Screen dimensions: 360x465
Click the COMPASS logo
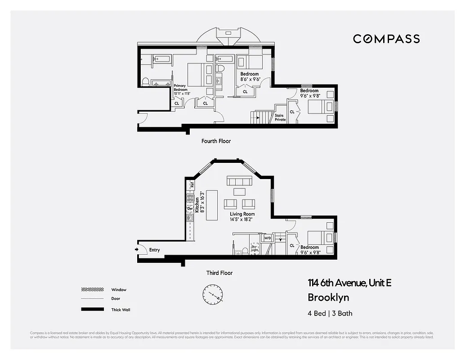[x=386, y=39]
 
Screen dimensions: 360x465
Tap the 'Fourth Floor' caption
[x=216, y=141]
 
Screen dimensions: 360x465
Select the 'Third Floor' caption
[x=219, y=273]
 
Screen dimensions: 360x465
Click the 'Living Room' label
[x=242, y=214]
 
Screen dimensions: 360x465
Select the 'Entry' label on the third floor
[x=154, y=250]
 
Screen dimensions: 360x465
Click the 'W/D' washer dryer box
[x=267, y=238]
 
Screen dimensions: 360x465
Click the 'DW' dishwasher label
[x=190, y=209]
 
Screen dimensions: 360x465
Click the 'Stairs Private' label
[x=280, y=117]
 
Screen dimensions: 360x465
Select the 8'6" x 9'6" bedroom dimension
[x=250, y=80]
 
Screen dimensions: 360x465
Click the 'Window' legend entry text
[x=119, y=290]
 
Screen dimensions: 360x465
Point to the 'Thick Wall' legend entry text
[x=121, y=310]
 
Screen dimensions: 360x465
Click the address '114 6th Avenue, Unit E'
[x=349, y=283]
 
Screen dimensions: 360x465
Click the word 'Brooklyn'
[x=328, y=297]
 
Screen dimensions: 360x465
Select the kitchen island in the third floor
[x=212, y=205]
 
